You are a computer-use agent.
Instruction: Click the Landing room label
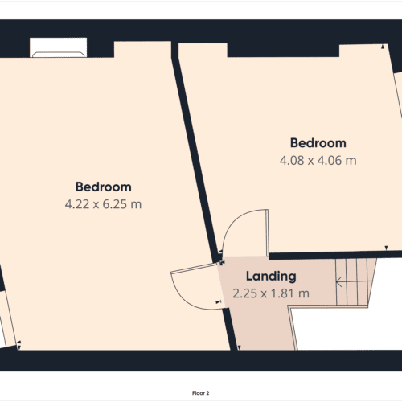coord(271,277)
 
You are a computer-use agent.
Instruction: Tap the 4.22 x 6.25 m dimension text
coord(103,204)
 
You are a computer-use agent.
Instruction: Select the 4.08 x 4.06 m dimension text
coord(318,161)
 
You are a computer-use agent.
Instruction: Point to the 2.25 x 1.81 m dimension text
coord(271,293)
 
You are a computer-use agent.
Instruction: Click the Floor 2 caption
coord(200,393)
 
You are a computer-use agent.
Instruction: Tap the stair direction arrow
coord(354,281)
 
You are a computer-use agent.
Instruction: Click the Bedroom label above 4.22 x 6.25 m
coord(104,187)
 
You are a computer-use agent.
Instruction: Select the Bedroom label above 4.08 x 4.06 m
coord(318,143)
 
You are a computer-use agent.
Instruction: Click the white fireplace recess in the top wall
coord(58,47)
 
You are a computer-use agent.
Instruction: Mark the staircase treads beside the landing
coord(355,282)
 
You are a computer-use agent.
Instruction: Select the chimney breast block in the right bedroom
coord(283,50)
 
